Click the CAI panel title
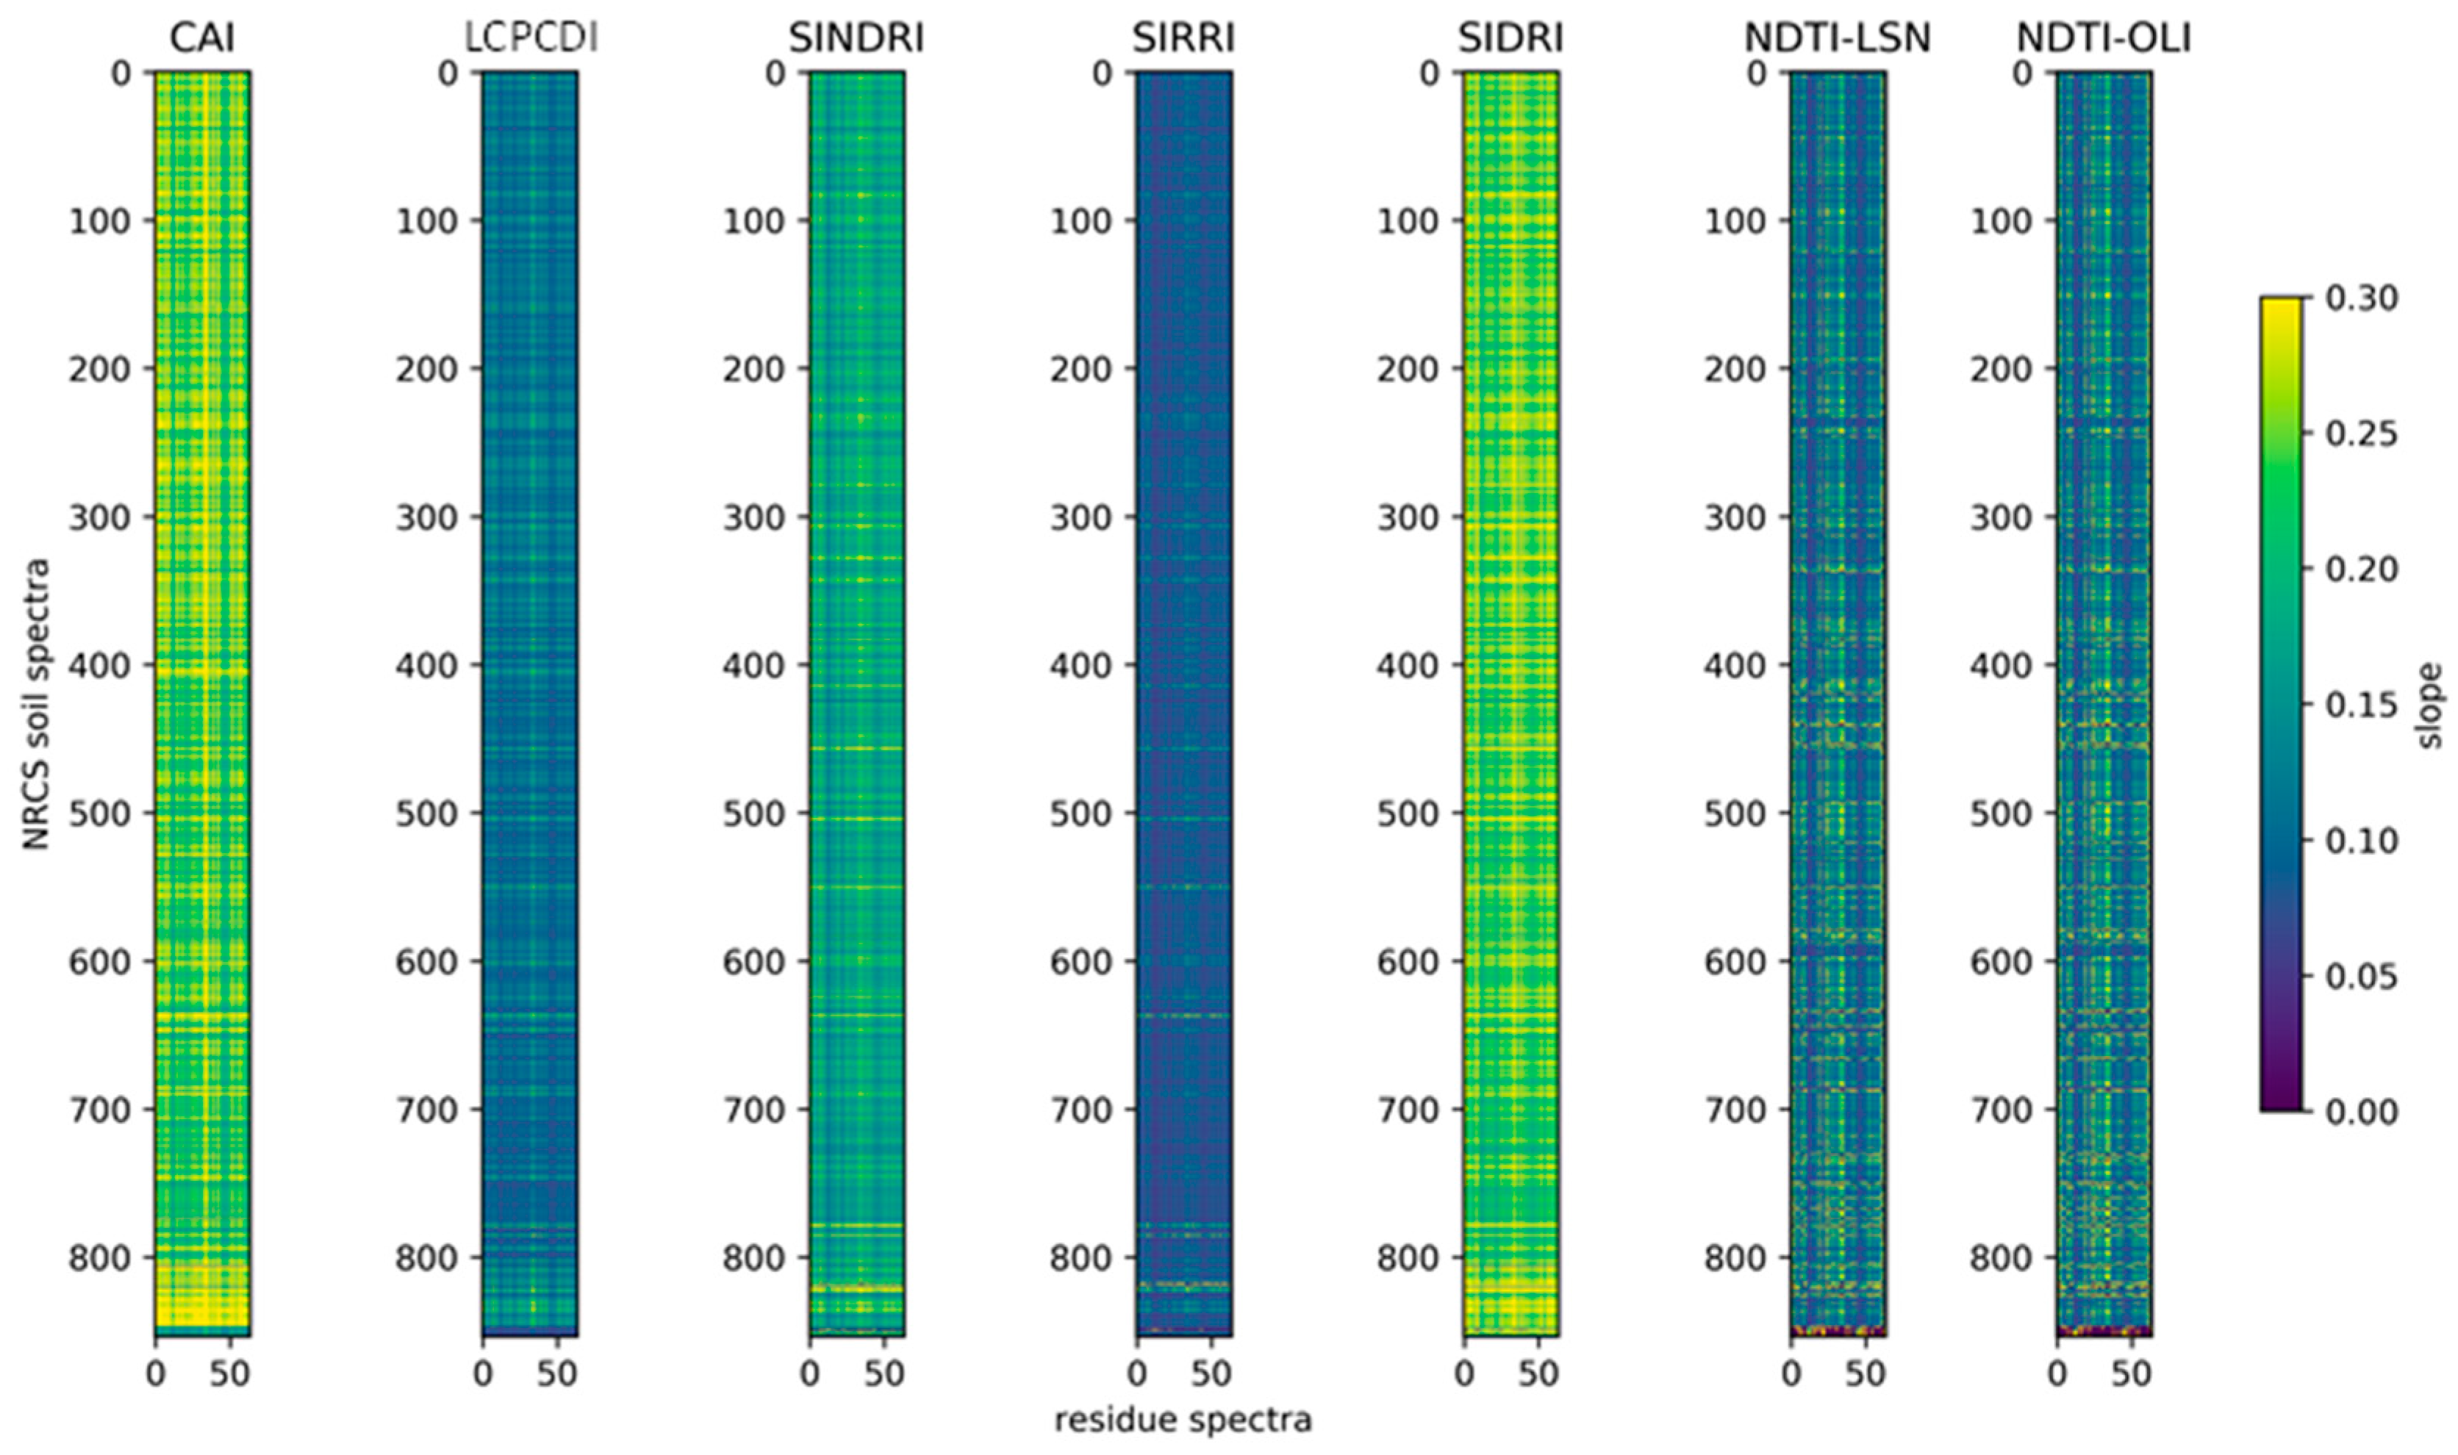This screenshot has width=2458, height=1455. (202, 38)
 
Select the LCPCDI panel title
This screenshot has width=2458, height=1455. (531, 38)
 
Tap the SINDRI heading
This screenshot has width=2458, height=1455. (856, 38)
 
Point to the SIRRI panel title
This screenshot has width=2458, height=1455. (1183, 38)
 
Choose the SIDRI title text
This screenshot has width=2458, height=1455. (1510, 38)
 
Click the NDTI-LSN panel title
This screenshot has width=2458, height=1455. (1836, 38)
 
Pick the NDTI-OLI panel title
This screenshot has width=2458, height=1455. (2103, 38)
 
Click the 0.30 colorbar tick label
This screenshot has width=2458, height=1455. (2362, 298)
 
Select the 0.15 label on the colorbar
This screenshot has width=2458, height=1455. (2362, 705)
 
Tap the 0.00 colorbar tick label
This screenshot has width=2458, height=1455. (2362, 1112)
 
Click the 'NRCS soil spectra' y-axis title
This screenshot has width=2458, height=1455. (36, 704)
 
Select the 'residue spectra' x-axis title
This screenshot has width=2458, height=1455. (1183, 1420)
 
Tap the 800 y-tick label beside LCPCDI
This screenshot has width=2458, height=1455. (426, 1258)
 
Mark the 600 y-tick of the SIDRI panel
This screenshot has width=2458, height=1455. (1408, 962)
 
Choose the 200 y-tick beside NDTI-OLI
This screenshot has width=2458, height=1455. (2001, 370)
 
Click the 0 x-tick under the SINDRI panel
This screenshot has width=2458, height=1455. (810, 1373)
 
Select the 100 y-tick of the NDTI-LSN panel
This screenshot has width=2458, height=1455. (1735, 222)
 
